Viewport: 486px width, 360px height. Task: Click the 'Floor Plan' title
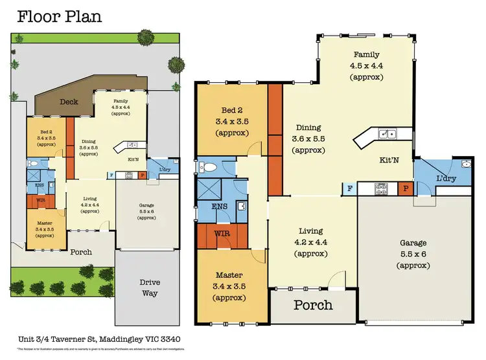(x=59, y=16)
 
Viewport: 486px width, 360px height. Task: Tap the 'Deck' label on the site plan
(x=69, y=102)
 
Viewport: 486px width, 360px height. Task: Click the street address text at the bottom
(x=105, y=340)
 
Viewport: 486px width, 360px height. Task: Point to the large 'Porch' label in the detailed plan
(x=314, y=304)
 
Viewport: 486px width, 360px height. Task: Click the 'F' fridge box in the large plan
(x=349, y=188)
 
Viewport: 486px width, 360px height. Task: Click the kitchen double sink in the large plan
(x=388, y=134)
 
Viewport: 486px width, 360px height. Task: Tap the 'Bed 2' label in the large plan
(x=231, y=109)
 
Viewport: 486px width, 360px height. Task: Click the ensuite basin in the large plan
(x=241, y=207)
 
